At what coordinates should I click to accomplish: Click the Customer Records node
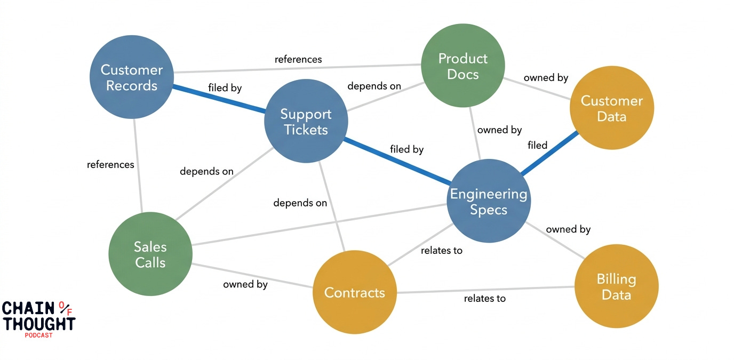coord(132,77)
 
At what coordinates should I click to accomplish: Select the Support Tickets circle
coord(306,122)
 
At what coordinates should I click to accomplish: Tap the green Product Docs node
coord(463,66)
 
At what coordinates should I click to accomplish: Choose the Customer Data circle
coord(611,108)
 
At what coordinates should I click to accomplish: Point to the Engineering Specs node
coord(489,201)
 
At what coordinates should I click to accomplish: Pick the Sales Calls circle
coord(150,254)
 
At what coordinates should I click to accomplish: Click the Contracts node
coord(355,292)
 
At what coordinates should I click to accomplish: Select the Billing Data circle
coord(616,286)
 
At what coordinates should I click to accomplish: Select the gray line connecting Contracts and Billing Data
coord(485,290)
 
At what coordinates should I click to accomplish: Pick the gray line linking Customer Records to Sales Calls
coord(138,165)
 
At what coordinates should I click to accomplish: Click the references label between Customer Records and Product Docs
coord(298,59)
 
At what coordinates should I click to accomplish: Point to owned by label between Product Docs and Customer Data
coord(546,78)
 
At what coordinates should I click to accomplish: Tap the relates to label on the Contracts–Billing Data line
coord(484,299)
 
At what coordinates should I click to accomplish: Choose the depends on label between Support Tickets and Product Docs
coord(374,86)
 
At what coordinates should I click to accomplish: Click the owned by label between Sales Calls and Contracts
coord(245,284)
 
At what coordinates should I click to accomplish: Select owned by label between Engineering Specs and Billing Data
coord(568,229)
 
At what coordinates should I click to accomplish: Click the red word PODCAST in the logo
coord(38,335)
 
